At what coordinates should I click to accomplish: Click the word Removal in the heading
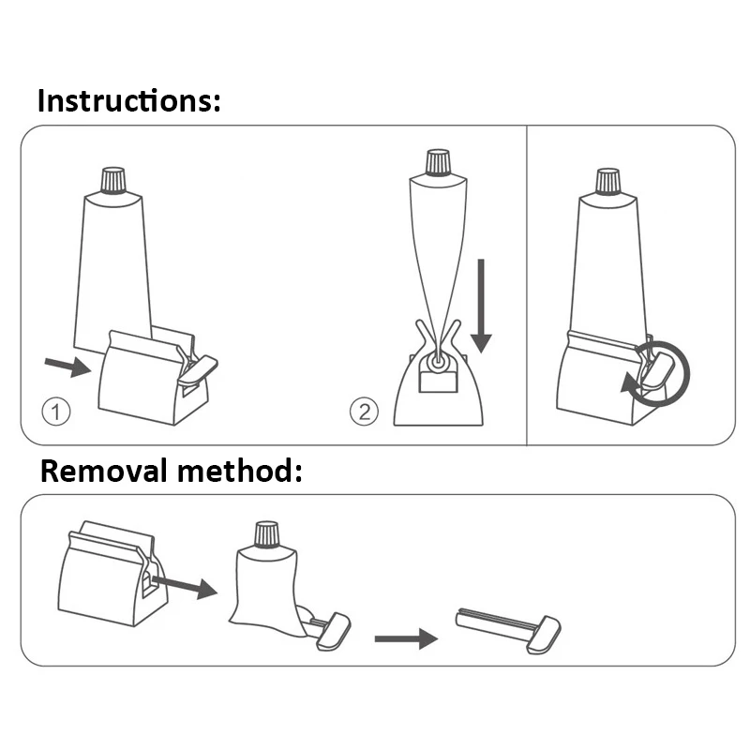point(104,471)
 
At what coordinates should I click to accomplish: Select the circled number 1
point(56,412)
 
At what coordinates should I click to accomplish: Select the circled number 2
point(364,412)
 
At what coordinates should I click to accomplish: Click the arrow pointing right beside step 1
point(67,366)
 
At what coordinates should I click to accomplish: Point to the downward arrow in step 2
point(481,307)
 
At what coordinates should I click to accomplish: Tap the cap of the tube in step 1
point(113,180)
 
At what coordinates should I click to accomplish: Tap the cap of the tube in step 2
point(438,162)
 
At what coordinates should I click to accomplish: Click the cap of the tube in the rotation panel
point(607,181)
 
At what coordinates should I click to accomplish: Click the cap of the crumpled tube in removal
point(267,534)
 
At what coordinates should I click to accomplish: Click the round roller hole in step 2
point(438,362)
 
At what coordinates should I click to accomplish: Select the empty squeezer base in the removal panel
point(112,573)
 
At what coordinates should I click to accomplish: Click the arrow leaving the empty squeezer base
point(185,588)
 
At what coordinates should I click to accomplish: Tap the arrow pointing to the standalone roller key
point(406,638)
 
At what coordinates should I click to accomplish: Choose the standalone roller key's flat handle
point(544,636)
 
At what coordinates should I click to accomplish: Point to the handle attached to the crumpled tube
point(334,631)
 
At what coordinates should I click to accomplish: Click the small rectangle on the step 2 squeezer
point(438,382)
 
